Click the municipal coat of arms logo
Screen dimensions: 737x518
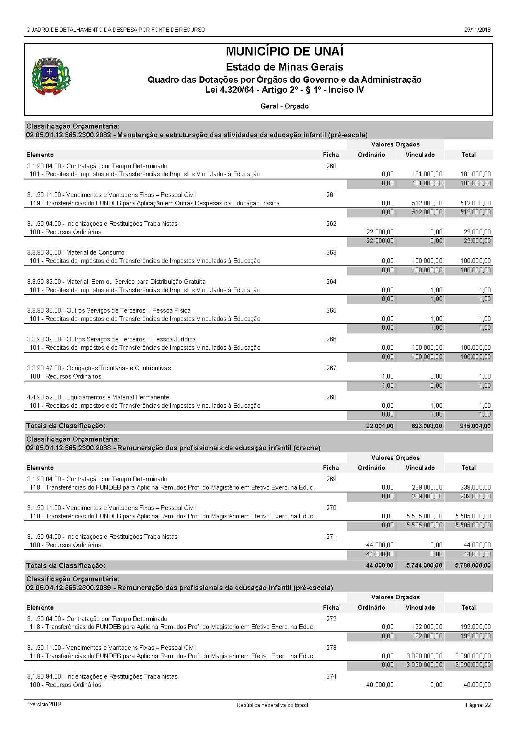(x=51, y=77)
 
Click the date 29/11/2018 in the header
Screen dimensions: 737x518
(x=478, y=30)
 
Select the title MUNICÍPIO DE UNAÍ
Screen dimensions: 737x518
(x=284, y=52)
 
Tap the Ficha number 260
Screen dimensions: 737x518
(x=331, y=166)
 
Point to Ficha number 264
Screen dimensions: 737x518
(x=331, y=282)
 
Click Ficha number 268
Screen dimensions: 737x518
(x=331, y=397)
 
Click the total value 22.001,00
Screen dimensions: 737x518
(x=379, y=426)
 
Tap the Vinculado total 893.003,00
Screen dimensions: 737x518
(x=424, y=426)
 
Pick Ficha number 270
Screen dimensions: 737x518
(x=331, y=508)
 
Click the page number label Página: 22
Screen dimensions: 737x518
(x=478, y=705)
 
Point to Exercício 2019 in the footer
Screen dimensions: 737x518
(x=43, y=704)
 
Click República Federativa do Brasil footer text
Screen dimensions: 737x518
(x=272, y=705)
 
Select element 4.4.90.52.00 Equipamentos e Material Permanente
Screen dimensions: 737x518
(x=98, y=397)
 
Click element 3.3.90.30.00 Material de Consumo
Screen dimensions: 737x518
(x=76, y=252)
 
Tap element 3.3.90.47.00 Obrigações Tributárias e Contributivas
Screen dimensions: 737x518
(x=99, y=368)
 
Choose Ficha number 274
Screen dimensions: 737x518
(x=331, y=676)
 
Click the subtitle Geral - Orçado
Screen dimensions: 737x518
(x=284, y=106)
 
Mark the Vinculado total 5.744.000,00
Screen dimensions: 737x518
(x=424, y=565)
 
